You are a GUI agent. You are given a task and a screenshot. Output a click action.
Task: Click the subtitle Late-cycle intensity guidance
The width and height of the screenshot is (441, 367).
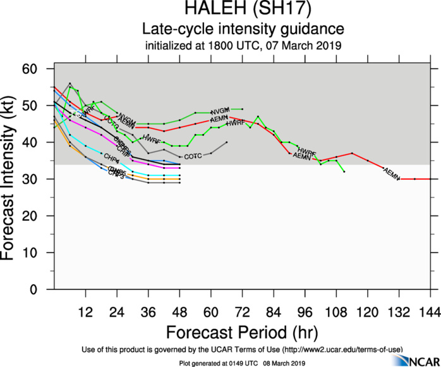(x=243, y=29)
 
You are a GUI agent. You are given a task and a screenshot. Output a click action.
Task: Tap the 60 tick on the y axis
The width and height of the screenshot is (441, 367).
(x=40, y=68)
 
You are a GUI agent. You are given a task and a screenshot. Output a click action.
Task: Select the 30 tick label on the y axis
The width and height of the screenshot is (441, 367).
(x=40, y=179)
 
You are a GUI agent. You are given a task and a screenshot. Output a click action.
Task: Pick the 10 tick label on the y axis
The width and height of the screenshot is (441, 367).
(x=40, y=252)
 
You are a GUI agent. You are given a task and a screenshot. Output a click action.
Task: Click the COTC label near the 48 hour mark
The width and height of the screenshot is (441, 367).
(x=193, y=156)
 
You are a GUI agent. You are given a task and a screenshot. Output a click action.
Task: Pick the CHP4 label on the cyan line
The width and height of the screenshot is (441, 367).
(x=111, y=158)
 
